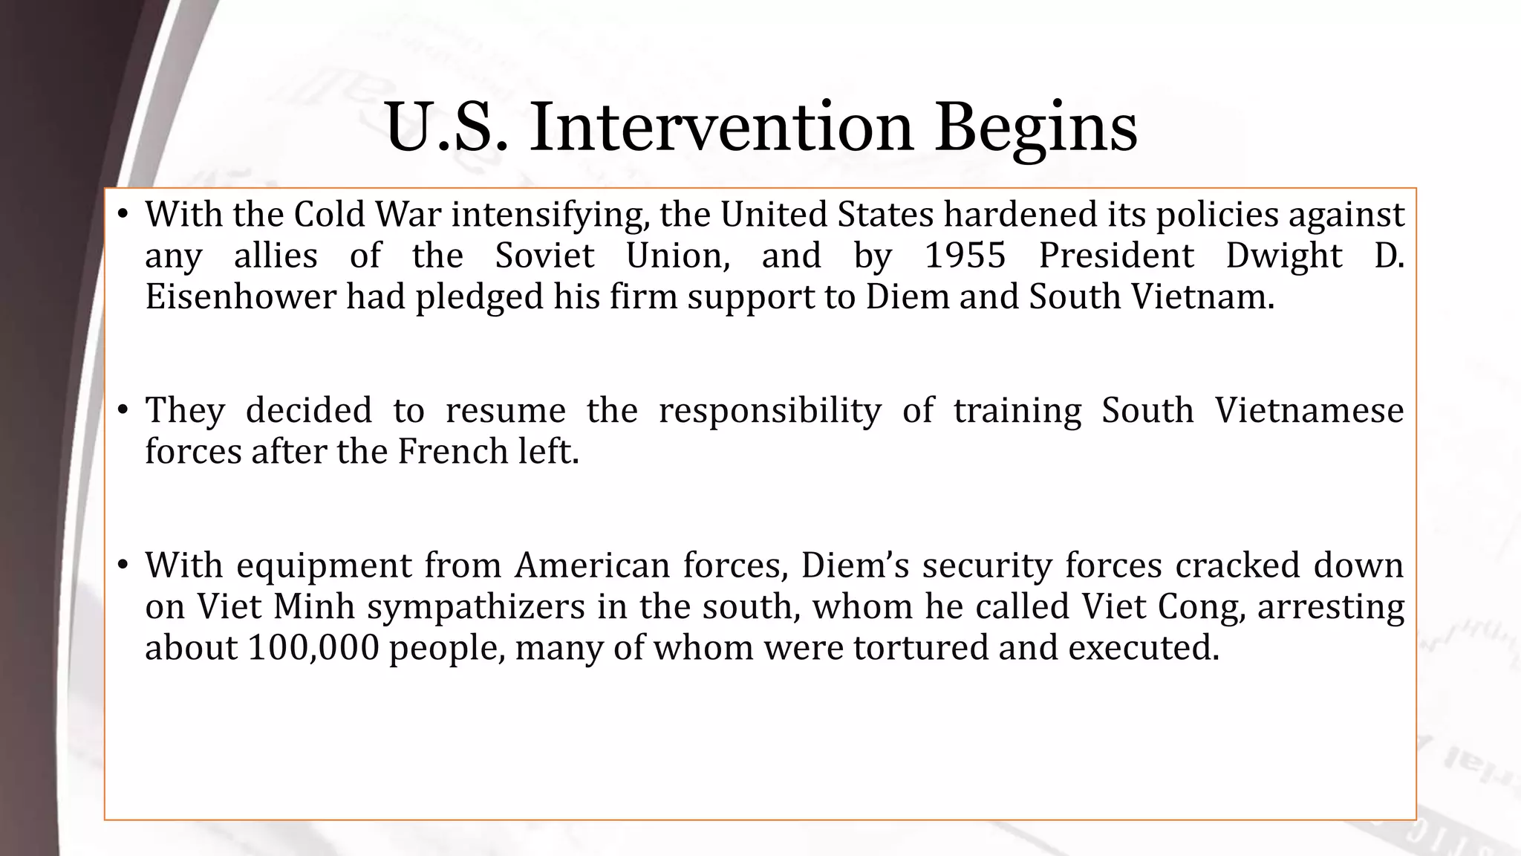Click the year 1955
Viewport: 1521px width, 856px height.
click(x=965, y=256)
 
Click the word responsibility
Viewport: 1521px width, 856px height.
click(x=769, y=412)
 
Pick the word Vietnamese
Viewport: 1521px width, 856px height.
click(x=1309, y=410)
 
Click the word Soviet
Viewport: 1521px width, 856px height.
click(x=544, y=256)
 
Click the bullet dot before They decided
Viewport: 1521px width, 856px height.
click(x=124, y=410)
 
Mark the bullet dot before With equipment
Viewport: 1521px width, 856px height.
click(x=124, y=565)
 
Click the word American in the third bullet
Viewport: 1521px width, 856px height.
click(x=593, y=565)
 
